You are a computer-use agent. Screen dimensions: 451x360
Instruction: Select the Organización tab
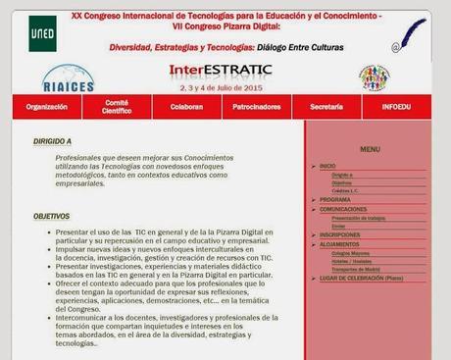coord(47,105)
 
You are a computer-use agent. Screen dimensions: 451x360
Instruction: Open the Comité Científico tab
coord(118,105)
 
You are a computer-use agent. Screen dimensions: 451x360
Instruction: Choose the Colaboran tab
coord(185,105)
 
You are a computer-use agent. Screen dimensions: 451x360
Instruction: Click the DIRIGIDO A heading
coord(52,141)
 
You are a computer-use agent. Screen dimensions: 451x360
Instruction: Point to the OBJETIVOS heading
coord(51,216)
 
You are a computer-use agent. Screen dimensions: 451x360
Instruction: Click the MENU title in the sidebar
coord(369,149)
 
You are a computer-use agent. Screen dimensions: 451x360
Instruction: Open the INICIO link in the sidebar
coord(327,166)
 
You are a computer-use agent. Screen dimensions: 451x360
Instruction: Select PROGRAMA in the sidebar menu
coord(334,199)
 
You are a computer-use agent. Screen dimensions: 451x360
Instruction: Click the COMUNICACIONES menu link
coord(343,208)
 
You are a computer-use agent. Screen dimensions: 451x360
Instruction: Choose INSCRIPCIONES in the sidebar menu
coord(339,234)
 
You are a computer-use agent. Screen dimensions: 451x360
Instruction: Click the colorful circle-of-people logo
coord(374,77)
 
